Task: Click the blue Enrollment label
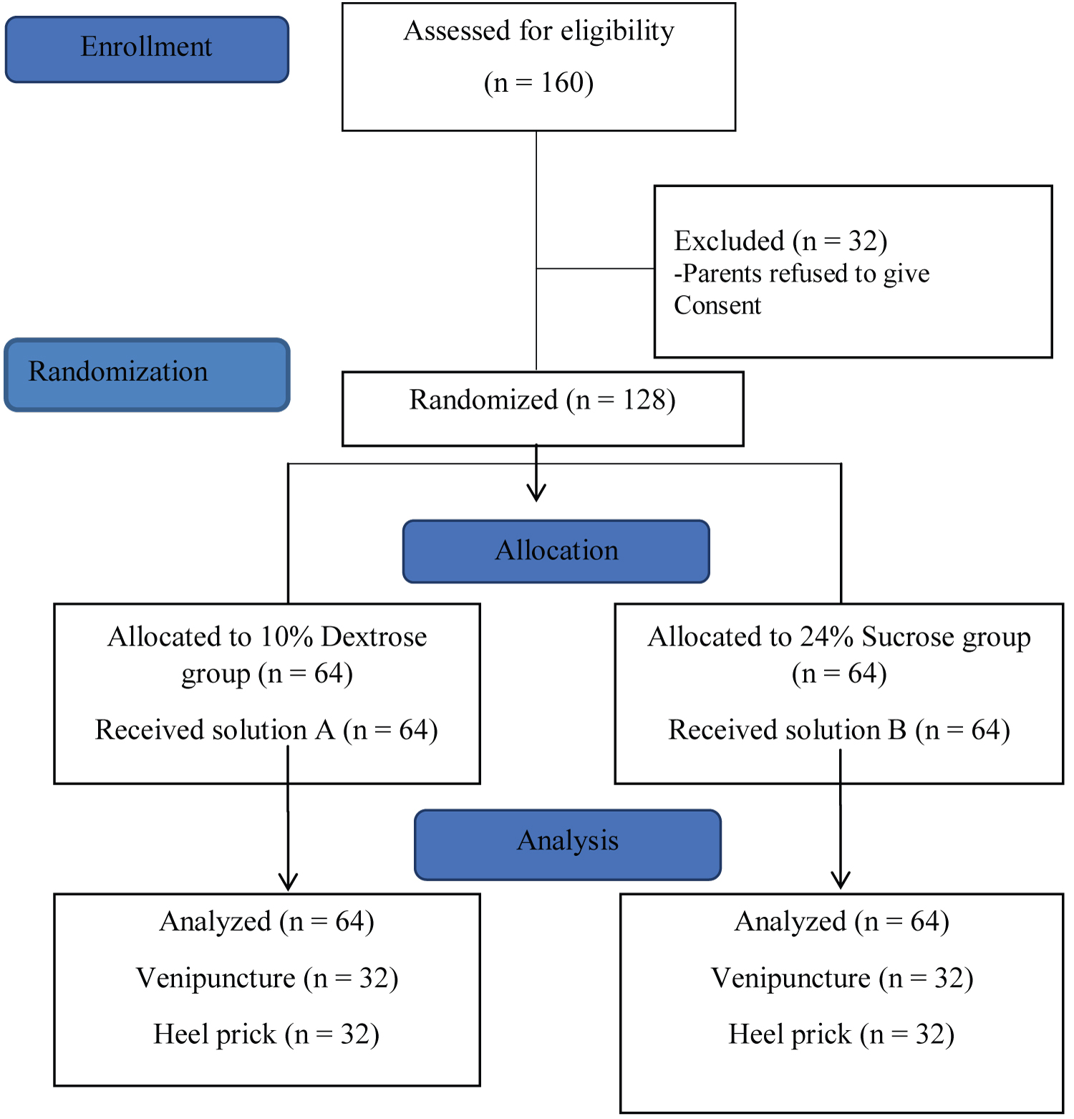pos(147,49)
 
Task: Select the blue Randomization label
pos(147,375)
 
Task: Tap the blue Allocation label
pos(556,551)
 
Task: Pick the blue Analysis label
pos(568,845)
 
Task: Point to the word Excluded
pos(729,241)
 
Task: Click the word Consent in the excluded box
pos(717,305)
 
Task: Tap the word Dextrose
pos(374,636)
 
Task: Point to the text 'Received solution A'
pos(215,730)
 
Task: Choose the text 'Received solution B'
pos(788,730)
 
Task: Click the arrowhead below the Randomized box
pos(536,493)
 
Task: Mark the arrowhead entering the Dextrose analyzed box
pos(288,881)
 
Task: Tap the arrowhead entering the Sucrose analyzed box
pos(841,880)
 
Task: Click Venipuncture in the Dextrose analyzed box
pos(216,979)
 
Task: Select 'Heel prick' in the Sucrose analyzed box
pos(790,1034)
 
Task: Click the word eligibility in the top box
pos(617,32)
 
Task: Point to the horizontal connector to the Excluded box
pos(596,269)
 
